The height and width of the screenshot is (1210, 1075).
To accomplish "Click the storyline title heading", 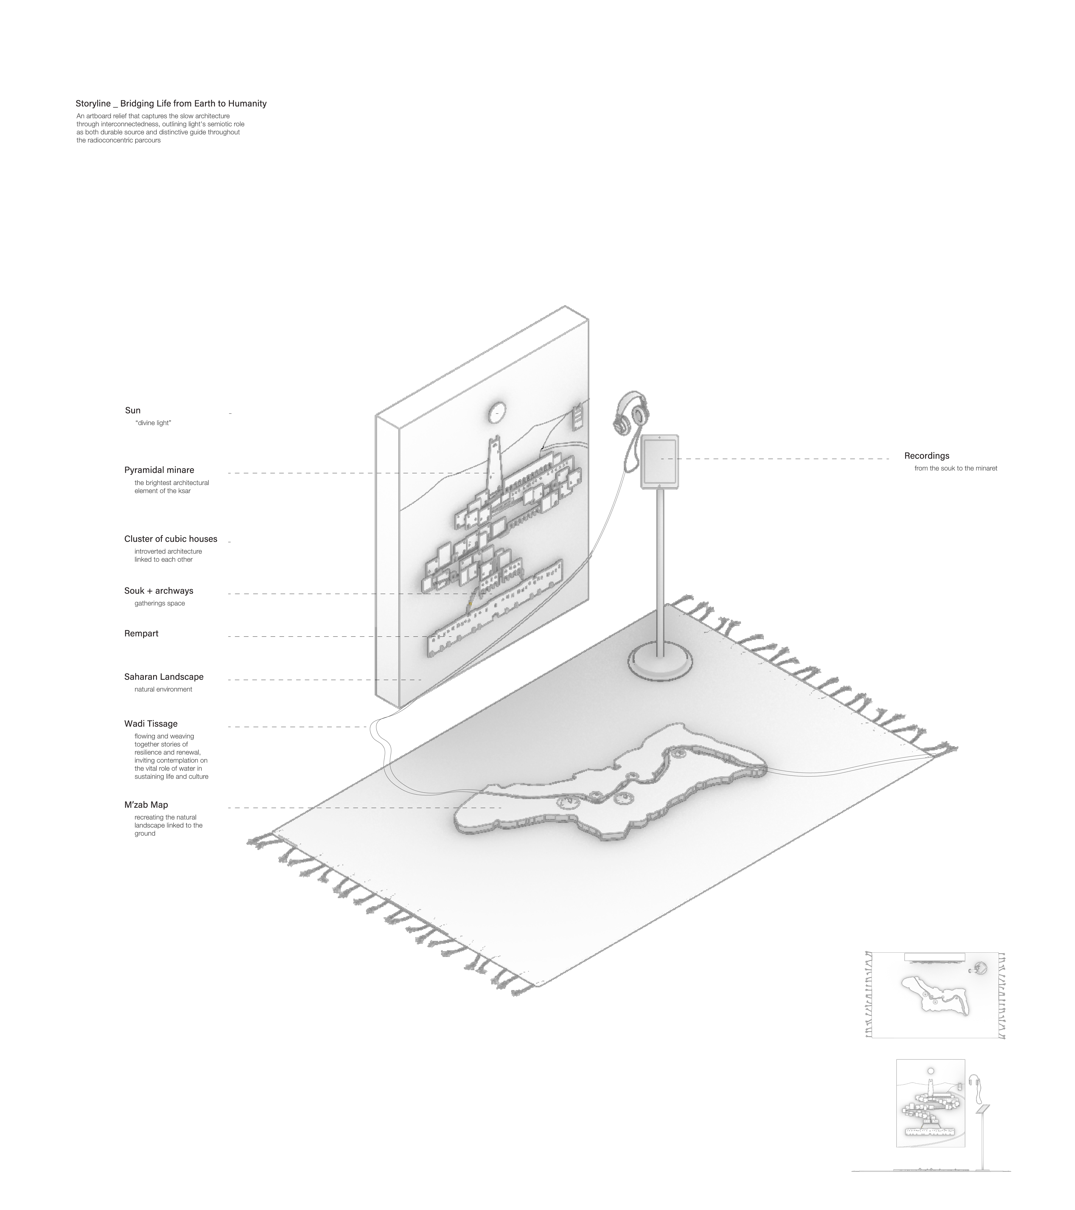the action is [171, 104].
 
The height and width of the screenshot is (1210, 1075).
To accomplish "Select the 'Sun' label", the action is [132, 410].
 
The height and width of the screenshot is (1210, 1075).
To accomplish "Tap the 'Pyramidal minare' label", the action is [159, 470].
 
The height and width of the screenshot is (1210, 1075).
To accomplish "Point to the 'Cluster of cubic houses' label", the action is [170, 539].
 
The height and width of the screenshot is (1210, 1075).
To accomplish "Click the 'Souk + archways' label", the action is [159, 591].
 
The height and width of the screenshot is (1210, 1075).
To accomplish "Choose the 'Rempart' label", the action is [141, 634].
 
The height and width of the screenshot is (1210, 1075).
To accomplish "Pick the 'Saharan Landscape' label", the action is [164, 677].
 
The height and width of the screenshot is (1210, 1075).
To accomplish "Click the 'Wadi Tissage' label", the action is [151, 723].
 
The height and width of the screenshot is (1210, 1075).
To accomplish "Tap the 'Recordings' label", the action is [926, 456].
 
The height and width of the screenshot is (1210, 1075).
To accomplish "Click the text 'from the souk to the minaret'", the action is [955, 468].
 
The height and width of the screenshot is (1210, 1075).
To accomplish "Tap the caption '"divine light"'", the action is [153, 423].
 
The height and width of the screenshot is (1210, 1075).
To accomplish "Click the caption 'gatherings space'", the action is [160, 603].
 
